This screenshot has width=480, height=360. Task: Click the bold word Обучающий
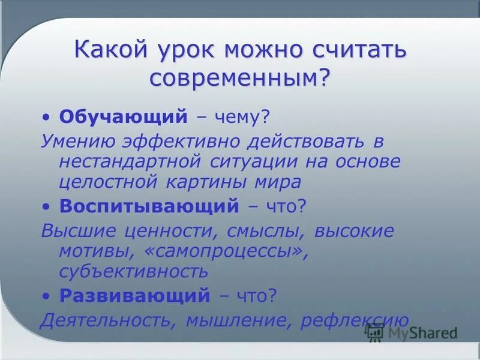coord(124,116)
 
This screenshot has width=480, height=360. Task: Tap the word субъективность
coord(133,271)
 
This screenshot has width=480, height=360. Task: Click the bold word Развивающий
coord(135,295)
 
